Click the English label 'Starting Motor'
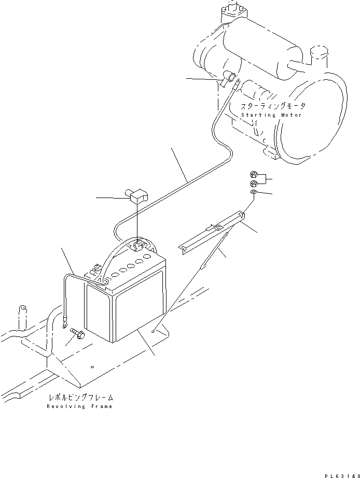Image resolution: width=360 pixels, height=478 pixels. (271, 115)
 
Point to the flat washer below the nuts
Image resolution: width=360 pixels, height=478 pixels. (252, 192)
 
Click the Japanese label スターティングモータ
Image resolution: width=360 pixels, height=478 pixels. (273, 106)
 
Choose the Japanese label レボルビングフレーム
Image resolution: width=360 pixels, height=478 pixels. (80, 398)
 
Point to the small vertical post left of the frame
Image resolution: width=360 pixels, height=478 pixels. (23, 316)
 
